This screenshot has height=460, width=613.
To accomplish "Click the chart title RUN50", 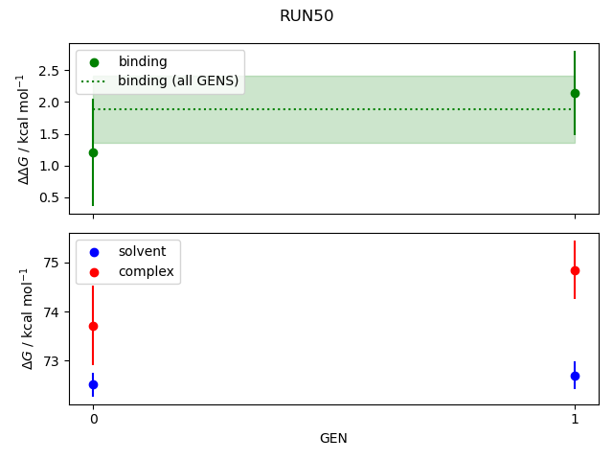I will (306, 16).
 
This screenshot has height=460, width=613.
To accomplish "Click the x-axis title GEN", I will (333, 438).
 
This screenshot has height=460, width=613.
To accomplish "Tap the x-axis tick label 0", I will (93, 419).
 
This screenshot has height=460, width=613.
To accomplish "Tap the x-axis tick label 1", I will (575, 419).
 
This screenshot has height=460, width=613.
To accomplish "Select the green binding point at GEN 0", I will (93, 152).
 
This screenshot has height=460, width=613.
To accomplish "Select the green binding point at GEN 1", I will (575, 93).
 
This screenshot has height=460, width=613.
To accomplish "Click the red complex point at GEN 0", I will (93, 326).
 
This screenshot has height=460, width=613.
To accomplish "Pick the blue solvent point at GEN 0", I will (93, 384).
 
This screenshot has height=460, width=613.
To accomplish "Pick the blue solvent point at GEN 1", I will (575, 376).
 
